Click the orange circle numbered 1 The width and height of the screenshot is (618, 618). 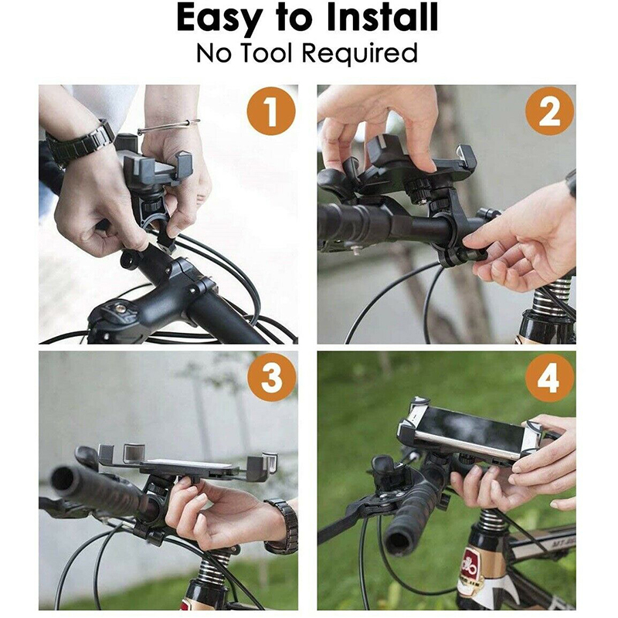point(271,111)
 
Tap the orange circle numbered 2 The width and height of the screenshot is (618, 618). point(549,111)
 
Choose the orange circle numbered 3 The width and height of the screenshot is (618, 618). point(272,377)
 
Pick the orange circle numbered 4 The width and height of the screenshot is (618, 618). point(549,377)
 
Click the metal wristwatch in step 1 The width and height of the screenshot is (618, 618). point(79,142)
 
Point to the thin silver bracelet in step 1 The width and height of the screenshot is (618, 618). point(168,127)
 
